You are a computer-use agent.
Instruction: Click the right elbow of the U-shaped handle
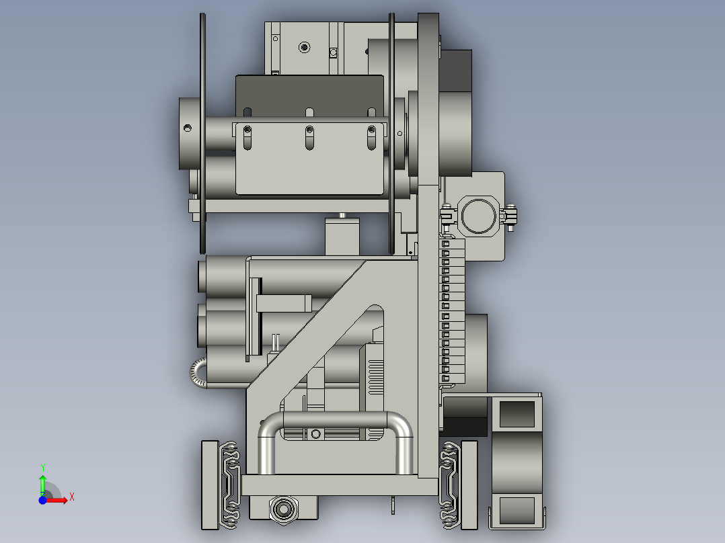[x=401, y=426]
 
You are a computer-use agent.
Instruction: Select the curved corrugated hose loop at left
[x=196, y=374]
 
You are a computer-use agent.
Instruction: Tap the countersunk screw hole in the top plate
[x=304, y=47]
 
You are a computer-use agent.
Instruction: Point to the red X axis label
[x=71, y=497]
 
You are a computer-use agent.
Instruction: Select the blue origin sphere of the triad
[x=42, y=499]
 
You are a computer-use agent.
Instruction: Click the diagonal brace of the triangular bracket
[x=309, y=323]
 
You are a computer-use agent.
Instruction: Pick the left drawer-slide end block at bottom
[x=209, y=484]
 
